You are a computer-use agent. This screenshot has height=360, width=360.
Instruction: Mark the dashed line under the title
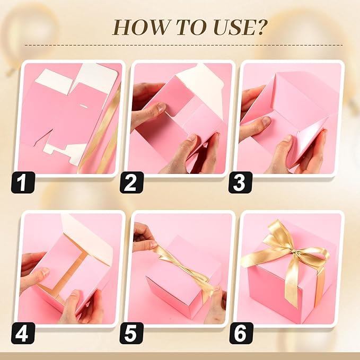(180, 45)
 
